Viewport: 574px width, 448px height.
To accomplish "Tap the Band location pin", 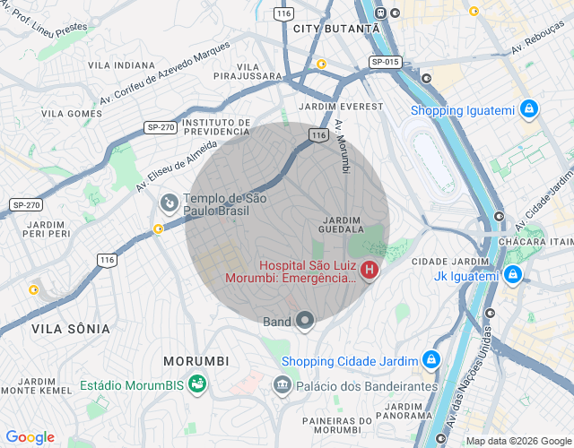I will coord(305,321).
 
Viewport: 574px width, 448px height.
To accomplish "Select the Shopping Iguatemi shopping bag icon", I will coord(528,110).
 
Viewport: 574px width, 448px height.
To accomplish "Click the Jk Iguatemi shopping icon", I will coord(512,275).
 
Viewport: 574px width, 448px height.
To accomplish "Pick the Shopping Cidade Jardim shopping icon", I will coord(430,360).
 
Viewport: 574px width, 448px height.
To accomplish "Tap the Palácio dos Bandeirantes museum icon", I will coord(282,385).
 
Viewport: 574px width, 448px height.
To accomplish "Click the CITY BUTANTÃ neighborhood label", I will coord(336,29).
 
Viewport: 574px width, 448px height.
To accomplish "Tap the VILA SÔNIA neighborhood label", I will coord(71,329).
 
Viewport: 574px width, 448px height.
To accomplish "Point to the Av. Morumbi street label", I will coord(343,146).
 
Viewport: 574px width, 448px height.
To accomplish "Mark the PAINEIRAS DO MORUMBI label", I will coord(332,426).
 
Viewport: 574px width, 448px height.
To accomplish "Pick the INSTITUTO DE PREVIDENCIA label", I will coord(215,126).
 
